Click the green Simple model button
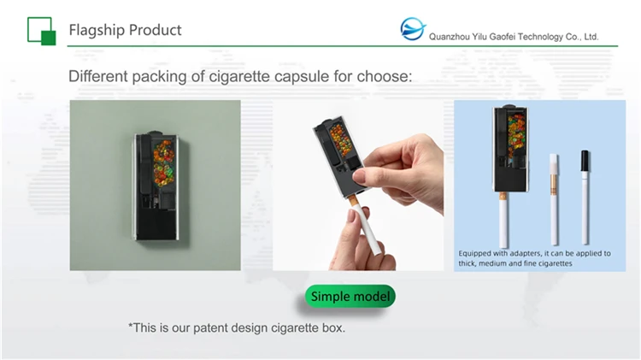pyautogui.click(x=350, y=297)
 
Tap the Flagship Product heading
pyautogui.click(x=125, y=30)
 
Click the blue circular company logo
pyautogui.click(x=413, y=30)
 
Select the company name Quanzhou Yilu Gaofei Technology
pyautogui.click(x=513, y=37)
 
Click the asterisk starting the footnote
pyautogui.click(x=131, y=326)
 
